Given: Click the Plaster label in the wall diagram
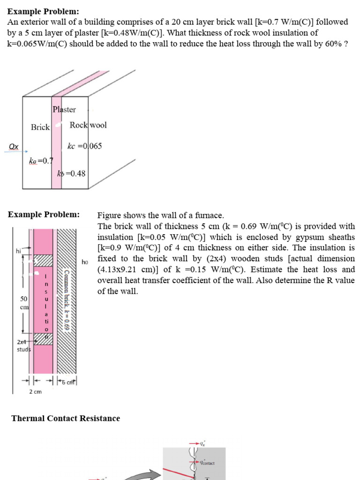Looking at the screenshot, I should [64, 110].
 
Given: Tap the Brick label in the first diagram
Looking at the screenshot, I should [40, 127].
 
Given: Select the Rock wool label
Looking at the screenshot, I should [88, 125].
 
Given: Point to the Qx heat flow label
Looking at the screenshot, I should [14, 147].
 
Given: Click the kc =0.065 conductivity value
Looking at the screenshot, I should [84, 146].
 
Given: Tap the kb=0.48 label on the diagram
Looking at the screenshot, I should [71, 173].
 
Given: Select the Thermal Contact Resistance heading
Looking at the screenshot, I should [66, 418].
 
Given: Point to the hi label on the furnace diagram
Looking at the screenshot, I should [18, 251].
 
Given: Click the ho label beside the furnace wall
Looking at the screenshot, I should [85, 262].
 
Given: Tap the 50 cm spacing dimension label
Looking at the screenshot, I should [24, 303].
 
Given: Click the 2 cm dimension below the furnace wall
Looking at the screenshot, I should [35, 391].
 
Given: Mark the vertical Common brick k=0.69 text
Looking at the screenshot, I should [67, 300].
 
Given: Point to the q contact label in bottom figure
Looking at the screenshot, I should [207, 463].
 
